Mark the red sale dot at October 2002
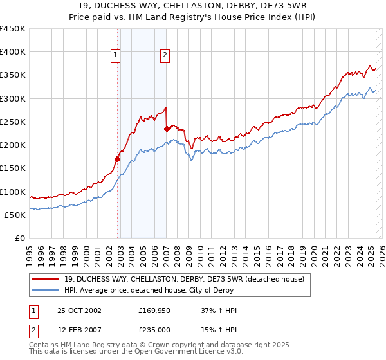coord(118,159)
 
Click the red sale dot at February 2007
coord(167,129)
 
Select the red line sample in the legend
coord(46,278)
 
